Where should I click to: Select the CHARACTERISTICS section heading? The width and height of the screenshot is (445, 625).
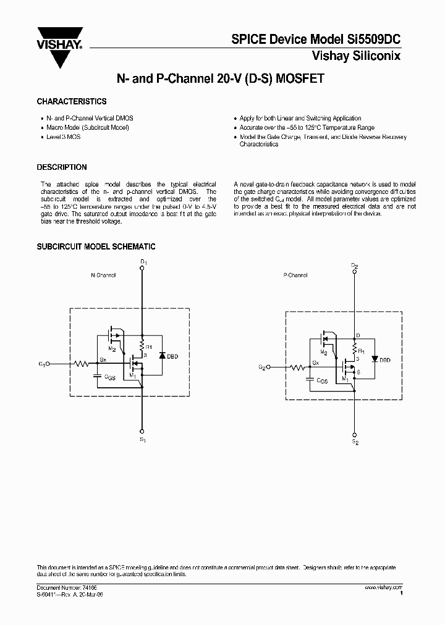click(72, 101)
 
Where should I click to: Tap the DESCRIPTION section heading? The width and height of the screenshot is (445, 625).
click(62, 167)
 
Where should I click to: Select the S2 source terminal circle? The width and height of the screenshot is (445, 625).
click(354, 434)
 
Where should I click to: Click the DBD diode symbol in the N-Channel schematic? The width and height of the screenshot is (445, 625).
click(162, 356)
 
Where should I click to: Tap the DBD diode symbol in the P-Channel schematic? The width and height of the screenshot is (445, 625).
click(373, 359)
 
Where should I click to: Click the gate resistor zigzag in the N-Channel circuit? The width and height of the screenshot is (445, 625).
click(82, 364)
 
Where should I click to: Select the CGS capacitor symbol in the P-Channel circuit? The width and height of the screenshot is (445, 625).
click(308, 379)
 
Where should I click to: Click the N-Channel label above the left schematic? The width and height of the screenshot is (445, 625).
click(103, 275)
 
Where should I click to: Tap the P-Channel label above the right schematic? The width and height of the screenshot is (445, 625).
click(295, 275)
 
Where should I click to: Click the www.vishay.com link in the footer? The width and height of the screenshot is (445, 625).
click(383, 587)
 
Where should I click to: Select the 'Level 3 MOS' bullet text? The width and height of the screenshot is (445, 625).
click(64, 136)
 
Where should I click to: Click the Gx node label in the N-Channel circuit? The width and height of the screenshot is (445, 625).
click(103, 359)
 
